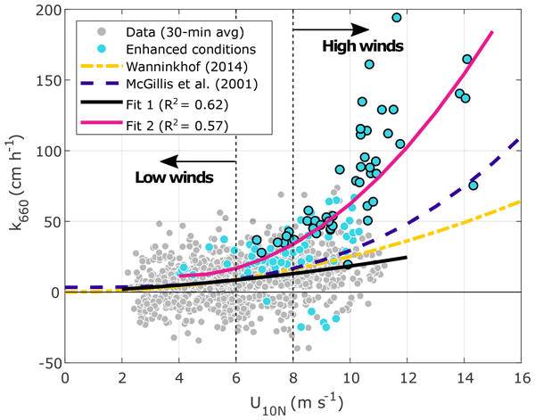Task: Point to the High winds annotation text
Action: pos(363,45)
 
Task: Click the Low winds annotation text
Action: pos(174,177)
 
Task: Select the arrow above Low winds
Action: pos(204,161)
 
